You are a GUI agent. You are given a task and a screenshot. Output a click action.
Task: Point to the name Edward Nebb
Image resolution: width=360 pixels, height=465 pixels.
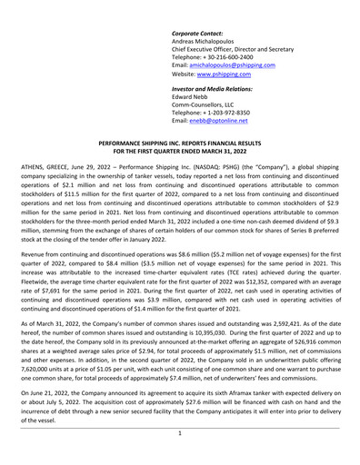[195, 87]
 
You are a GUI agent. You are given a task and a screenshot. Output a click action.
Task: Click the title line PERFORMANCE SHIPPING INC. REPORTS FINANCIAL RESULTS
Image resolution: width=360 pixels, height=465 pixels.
[179, 144]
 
